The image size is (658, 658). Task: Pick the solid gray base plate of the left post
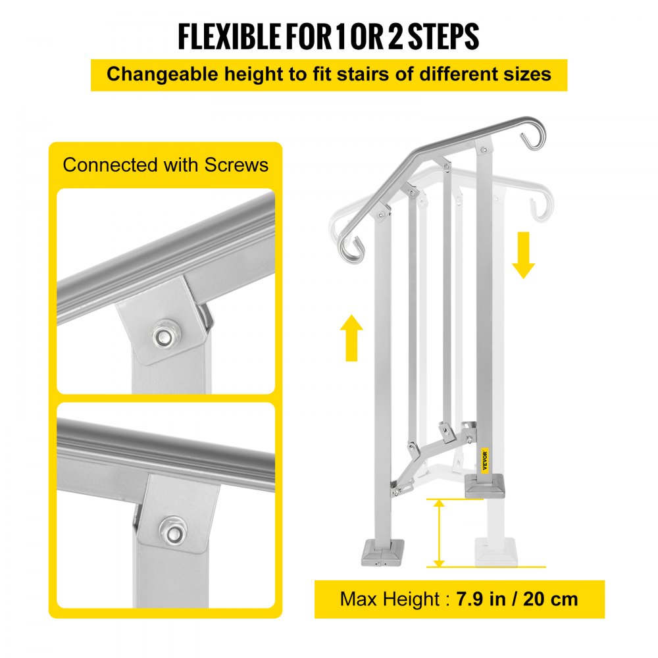coord(384,551)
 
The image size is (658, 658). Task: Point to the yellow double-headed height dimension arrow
coord(439,533)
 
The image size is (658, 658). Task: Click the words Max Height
coord(390,599)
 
